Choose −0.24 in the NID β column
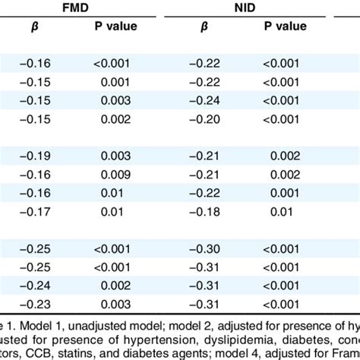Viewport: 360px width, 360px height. click(203, 99)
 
